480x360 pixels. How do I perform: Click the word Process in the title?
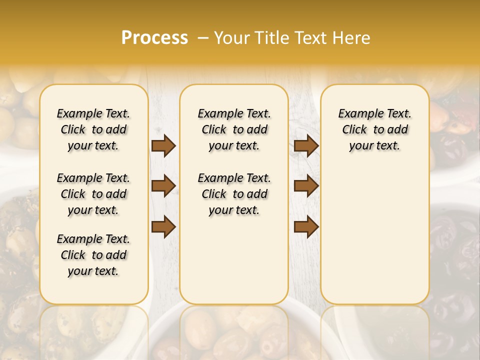[x=154, y=37]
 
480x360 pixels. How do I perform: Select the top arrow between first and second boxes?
[x=163, y=146]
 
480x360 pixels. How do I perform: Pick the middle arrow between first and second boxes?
[x=163, y=186]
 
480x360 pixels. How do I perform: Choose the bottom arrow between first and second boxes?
[x=163, y=226]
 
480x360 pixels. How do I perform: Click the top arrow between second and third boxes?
[x=306, y=146]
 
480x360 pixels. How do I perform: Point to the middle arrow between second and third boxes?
[x=306, y=186]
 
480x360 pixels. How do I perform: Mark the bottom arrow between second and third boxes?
[x=306, y=226]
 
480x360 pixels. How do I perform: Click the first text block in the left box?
[x=93, y=129]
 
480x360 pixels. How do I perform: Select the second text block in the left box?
[x=93, y=194]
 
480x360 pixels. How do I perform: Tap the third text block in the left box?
[x=93, y=255]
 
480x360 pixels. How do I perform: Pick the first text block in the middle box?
[x=234, y=129]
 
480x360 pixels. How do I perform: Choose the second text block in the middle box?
[x=234, y=194]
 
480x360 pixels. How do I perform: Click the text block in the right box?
[x=375, y=129]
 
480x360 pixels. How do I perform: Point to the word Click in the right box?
[x=354, y=130]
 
